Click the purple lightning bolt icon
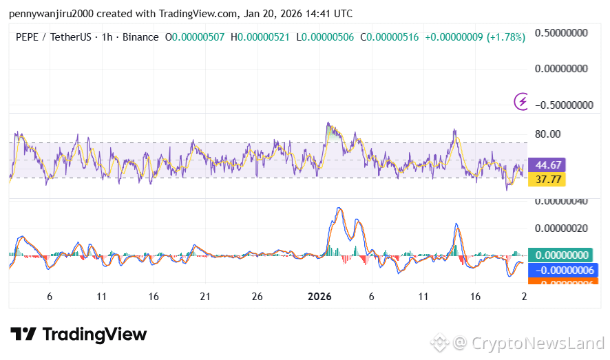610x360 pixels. pos(522,102)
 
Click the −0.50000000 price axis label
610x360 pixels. pos(562,105)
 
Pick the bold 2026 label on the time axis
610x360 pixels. pos(319,297)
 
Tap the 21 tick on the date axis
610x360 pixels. pos(204,297)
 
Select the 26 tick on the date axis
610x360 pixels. pos(256,297)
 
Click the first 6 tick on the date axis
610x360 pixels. pos(50,297)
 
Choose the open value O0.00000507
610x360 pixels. pos(195,36)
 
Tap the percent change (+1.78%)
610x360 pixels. pos(505,36)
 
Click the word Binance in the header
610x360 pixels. pos(140,36)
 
